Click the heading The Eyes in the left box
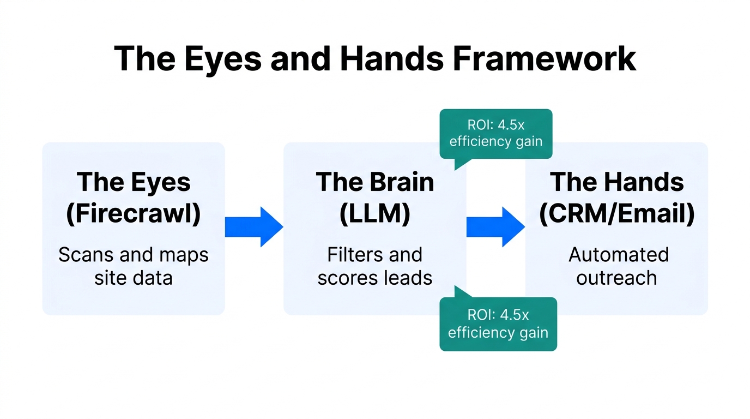(x=134, y=182)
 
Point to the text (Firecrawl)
(x=134, y=214)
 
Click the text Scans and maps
(x=134, y=255)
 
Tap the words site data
(x=134, y=278)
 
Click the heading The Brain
(x=375, y=182)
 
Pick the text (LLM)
(x=375, y=214)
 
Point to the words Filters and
(x=375, y=255)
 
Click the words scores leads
(x=375, y=278)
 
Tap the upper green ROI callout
(x=496, y=134)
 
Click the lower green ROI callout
(x=498, y=324)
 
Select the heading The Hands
(x=616, y=182)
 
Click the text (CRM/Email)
(x=616, y=214)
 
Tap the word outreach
(x=616, y=278)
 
